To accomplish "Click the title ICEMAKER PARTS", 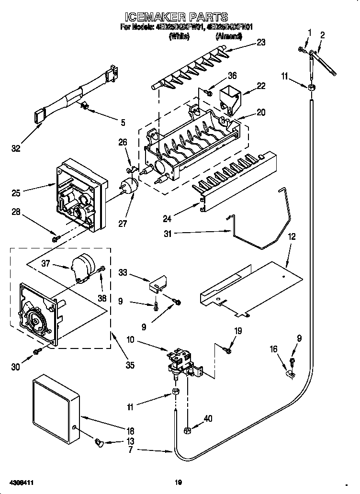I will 180,18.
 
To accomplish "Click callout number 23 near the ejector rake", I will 260,42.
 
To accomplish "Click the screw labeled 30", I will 37,353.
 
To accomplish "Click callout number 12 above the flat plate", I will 292,236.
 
